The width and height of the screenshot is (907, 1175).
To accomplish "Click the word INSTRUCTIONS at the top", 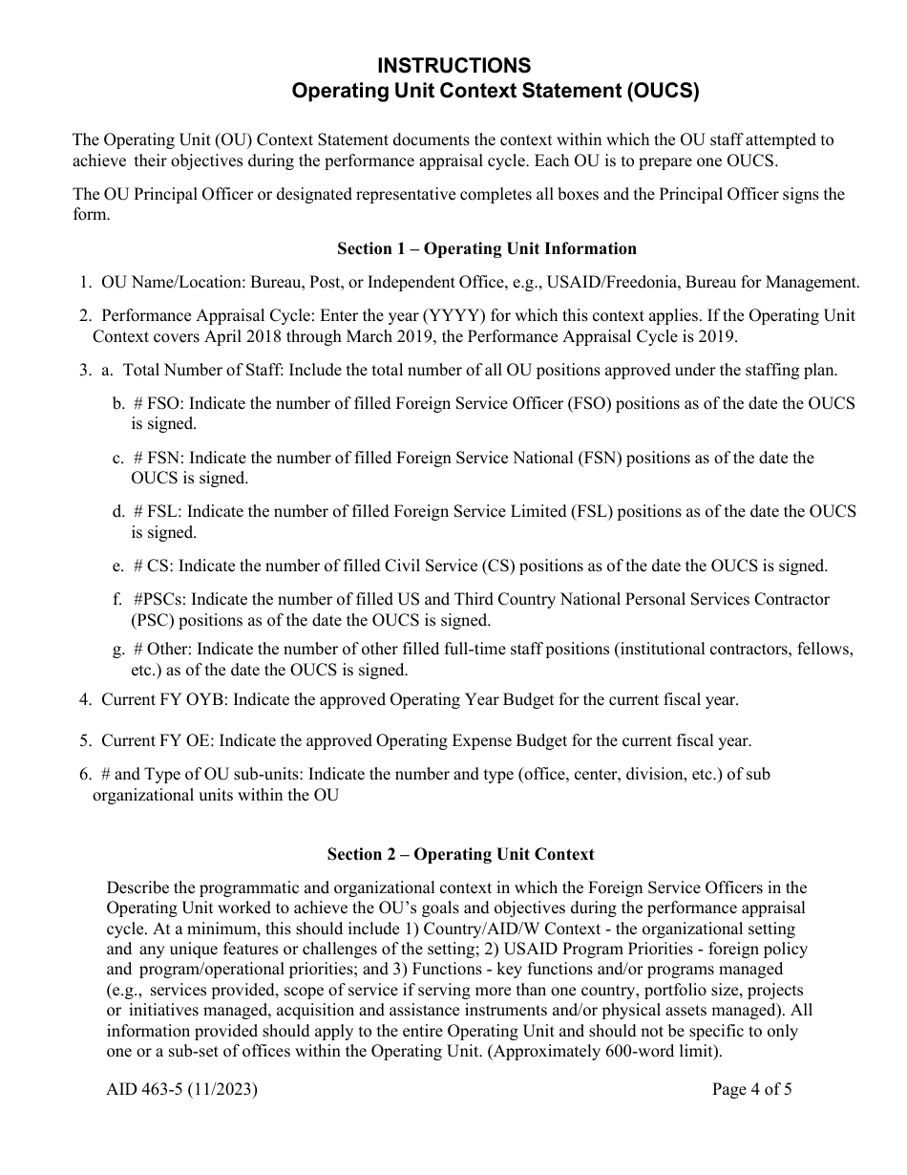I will coord(453,65).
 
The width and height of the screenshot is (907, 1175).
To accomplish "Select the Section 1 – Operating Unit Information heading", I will coord(487,248).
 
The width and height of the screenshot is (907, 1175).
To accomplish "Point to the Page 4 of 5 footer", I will coord(752,1089).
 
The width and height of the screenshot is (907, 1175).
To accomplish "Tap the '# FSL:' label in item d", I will coord(158,511).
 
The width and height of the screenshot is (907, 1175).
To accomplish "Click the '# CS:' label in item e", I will coord(153,566).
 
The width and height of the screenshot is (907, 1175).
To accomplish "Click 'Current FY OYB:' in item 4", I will coord(165,699).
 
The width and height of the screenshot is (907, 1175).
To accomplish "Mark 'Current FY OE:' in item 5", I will coord(161,740).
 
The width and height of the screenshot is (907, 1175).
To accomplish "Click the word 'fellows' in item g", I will coord(823,649).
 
